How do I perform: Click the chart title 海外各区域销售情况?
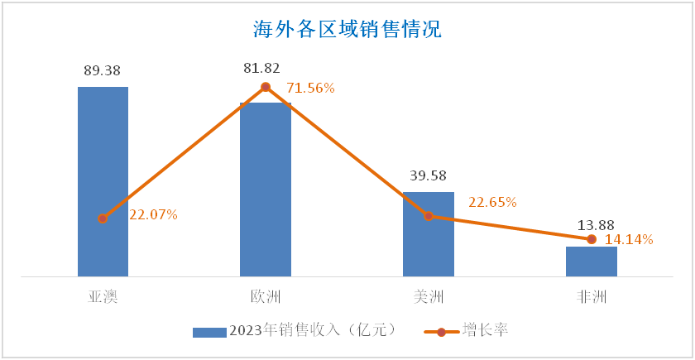(x=347, y=31)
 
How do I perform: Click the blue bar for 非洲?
(x=592, y=261)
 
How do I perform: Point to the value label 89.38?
(x=103, y=70)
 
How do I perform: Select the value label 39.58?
(x=429, y=175)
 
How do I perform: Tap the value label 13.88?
(x=592, y=225)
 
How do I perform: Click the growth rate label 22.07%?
(x=154, y=215)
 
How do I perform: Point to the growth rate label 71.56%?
(x=310, y=88)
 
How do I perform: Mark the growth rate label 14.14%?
(x=630, y=240)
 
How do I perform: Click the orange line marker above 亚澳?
(x=103, y=218)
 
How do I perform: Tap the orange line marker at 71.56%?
(x=266, y=87)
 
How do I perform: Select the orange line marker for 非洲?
(x=592, y=239)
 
